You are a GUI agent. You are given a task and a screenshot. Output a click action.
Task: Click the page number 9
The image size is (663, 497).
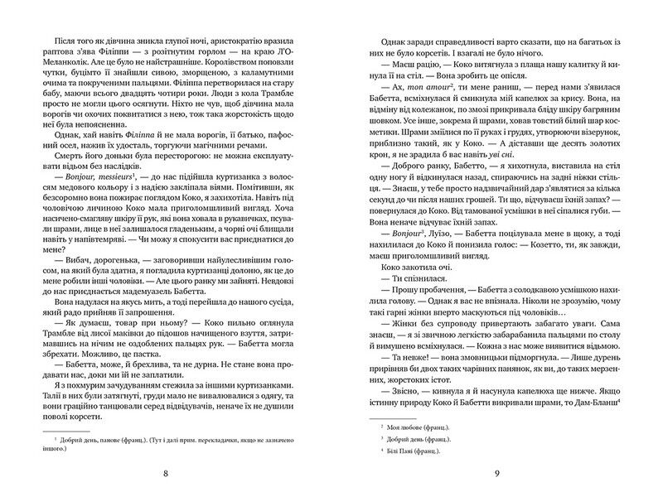(x=496, y=475)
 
